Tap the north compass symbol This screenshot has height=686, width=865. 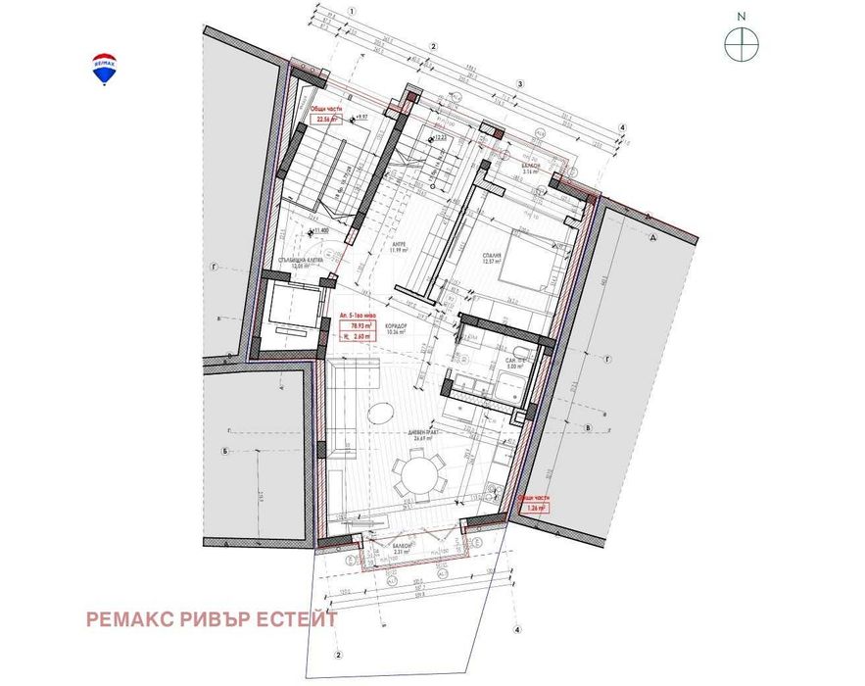point(742,42)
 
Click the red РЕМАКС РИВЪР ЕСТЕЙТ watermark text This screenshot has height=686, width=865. point(212,619)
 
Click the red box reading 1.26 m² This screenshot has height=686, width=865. point(534,508)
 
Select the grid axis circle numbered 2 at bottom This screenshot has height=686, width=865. point(338,655)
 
